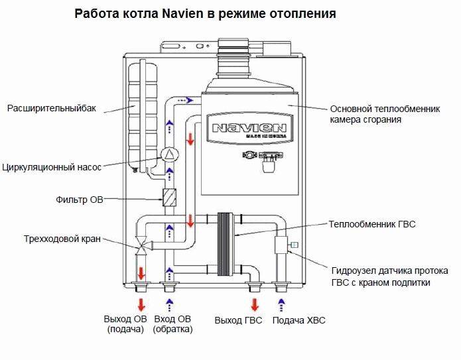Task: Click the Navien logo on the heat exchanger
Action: pyautogui.click(x=247, y=128)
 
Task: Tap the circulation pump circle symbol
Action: pyautogui.click(x=169, y=155)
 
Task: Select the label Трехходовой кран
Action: pyautogui.click(x=62, y=239)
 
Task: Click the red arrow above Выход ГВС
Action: pyautogui.click(x=254, y=305)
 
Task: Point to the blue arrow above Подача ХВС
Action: pyautogui.click(x=282, y=305)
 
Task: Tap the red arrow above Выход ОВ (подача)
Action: pyautogui.click(x=141, y=305)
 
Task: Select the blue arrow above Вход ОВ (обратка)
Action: pyautogui.click(x=170, y=305)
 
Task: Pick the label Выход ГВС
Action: pyautogui.click(x=239, y=321)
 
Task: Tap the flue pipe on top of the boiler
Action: pyautogui.click(x=233, y=52)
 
